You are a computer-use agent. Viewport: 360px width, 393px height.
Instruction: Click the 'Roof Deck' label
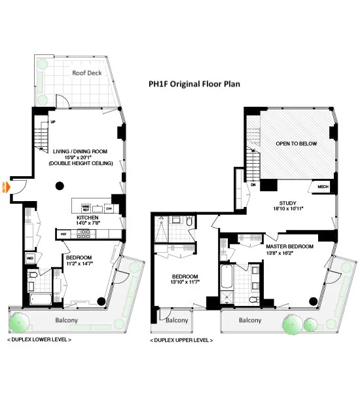[86, 74]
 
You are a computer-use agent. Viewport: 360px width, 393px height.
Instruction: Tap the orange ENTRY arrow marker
[8, 186]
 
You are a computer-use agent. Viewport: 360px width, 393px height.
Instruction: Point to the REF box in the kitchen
[64, 234]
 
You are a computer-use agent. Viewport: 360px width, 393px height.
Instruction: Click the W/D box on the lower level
[30, 258]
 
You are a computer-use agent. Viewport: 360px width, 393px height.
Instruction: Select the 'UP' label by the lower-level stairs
[52, 122]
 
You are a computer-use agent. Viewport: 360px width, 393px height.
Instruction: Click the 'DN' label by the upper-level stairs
[253, 185]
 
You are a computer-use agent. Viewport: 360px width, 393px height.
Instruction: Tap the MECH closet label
[322, 186]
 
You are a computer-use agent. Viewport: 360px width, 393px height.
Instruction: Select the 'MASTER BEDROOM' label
[290, 246]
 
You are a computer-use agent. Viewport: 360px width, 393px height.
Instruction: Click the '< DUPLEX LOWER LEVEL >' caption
[39, 340]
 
